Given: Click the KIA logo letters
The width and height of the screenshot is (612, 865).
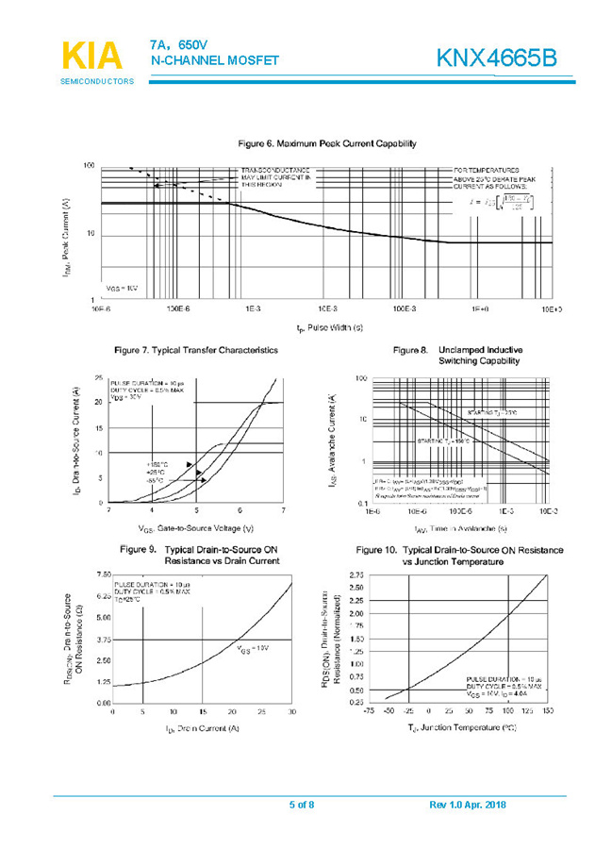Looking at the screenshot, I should [x=92, y=56].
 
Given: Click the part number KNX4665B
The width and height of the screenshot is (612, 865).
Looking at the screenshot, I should [x=496, y=58].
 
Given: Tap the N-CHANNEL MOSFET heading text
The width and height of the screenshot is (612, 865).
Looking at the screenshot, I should [x=214, y=60].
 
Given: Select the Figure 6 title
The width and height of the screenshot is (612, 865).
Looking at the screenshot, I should [x=326, y=143].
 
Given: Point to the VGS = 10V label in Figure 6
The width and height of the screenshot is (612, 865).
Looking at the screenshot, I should [x=122, y=288].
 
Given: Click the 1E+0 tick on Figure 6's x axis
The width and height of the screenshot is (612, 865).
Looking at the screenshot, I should [x=478, y=308].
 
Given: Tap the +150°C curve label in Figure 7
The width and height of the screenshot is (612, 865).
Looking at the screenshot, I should [x=157, y=464].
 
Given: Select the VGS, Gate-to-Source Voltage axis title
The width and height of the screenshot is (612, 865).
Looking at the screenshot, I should [x=195, y=528].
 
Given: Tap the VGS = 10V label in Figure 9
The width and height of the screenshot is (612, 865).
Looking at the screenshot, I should [x=253, y=648].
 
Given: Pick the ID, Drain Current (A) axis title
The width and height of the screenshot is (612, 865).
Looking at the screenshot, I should [x=202, y=728].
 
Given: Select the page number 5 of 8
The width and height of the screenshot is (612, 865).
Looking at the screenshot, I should [x=302, y=804].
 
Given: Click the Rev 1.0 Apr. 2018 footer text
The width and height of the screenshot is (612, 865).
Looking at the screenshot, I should [x=467, y=804].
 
